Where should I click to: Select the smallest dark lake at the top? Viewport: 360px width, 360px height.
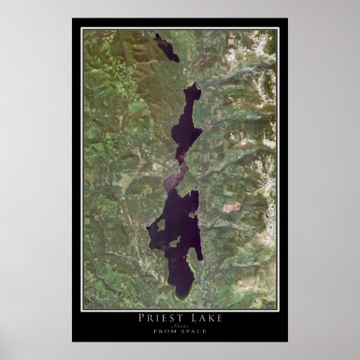167,49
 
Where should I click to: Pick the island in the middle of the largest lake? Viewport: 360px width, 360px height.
175,240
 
